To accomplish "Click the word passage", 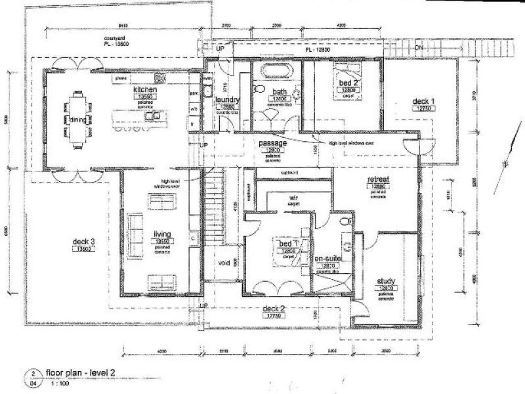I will [x=272, y=142].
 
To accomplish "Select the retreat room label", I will [x=379, y=178].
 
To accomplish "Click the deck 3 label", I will [x=85, y=242].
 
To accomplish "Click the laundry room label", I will [x=228, y=100].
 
